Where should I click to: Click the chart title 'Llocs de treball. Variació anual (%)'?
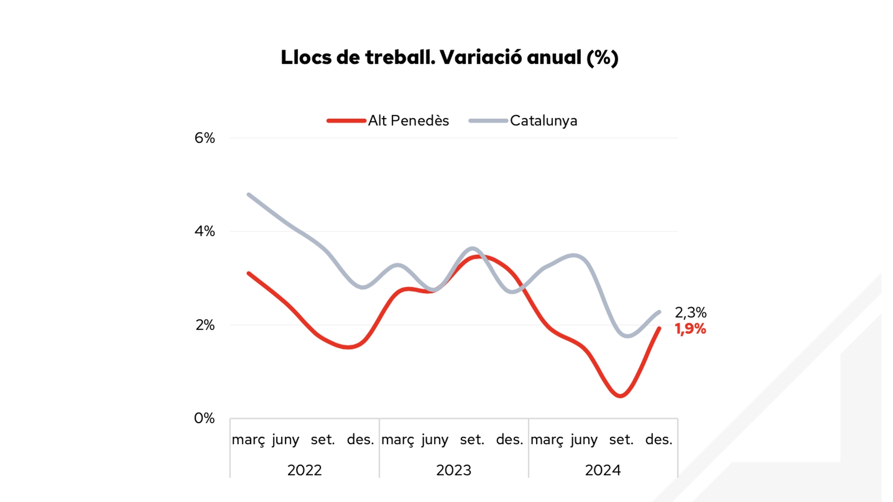(x=449, y=58)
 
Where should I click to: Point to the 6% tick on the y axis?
(x=205, y=138)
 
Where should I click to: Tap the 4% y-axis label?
(x=205, y=231)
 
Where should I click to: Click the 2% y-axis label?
(x=205, y=325)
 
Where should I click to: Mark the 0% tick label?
(x=205, y=418)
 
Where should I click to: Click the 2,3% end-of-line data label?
(x=691, y=312)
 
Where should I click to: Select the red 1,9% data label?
(x=691, y=329)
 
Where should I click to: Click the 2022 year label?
(x=305, y=470)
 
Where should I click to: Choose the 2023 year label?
(x=453, y=470)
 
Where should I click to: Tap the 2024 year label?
(x=603, y=470)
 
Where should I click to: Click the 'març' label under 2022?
(x=248, y=440)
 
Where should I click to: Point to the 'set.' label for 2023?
(x=472, y=440)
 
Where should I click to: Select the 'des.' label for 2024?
(x=659, y=440)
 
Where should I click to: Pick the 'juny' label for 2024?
(x=584, y=440)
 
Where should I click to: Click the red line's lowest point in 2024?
(x=621, y=396)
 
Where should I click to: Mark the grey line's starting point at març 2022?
(x=249, y=194)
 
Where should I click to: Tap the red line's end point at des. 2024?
(x=659, y=329)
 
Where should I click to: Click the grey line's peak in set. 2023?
(x=473, y=248)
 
